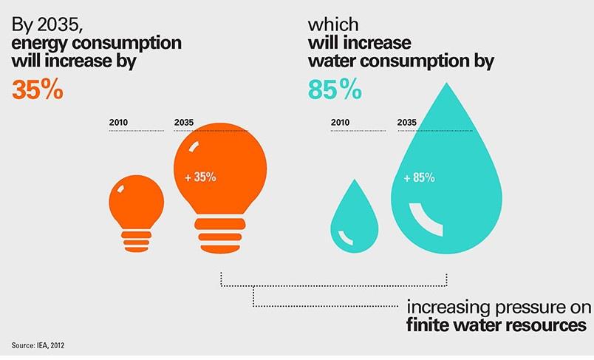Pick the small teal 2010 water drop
click(x=353, y=219)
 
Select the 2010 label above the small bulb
click(x=118, y=122)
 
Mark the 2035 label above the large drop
click(x=407, y=122)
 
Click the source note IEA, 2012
click(x=43, y=344)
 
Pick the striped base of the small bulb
click(x=136, y=238)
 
